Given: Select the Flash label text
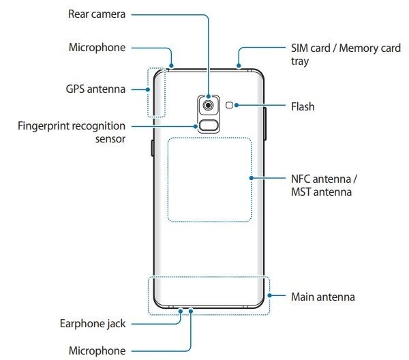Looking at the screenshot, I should tap(303, 106).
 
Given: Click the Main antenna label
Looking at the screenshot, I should tap(322, 297).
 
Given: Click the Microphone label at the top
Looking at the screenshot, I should tap(97, 48).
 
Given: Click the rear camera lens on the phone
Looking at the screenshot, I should tap(208, 105).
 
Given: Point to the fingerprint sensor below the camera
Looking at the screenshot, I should tap(208, 125).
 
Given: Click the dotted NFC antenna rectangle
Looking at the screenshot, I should tap(209, 180).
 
